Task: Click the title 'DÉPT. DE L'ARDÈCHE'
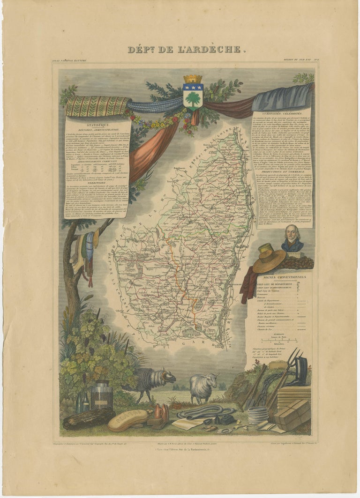click(x=185, y=49)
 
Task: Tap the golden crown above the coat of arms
click(x=193, y=79)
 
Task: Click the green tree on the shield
click(x=193, y=98)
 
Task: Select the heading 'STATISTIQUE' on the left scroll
click(x=97, y=125)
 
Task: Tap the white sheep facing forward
click(x=203, y=387)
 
